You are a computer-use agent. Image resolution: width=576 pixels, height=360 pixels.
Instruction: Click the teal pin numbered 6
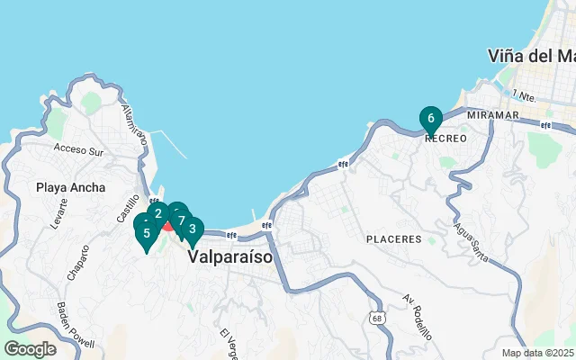[431, 119]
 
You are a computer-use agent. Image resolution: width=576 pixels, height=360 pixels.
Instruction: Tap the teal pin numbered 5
[146, 233]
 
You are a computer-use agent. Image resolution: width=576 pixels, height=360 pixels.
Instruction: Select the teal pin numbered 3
[192, 229]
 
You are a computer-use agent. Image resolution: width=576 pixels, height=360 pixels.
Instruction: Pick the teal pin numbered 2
[158, 213]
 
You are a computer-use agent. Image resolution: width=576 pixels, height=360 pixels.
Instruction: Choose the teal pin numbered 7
[181, 220]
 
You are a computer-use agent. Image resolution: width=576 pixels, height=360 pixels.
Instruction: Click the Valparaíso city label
[230, 256]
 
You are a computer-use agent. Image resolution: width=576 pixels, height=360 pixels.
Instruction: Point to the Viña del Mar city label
[531, 56]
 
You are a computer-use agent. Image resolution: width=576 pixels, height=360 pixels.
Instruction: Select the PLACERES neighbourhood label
[394, 239]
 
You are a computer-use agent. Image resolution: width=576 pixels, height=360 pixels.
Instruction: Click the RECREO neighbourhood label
[445, 139]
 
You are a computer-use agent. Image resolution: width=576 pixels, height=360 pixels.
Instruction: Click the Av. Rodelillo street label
[418, 316]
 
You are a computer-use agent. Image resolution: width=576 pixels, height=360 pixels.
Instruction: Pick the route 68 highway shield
[375, 318]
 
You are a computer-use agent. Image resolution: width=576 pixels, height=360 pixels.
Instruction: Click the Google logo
[30, 349]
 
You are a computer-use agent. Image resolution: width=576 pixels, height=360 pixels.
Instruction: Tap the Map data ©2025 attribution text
[537, 353]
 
